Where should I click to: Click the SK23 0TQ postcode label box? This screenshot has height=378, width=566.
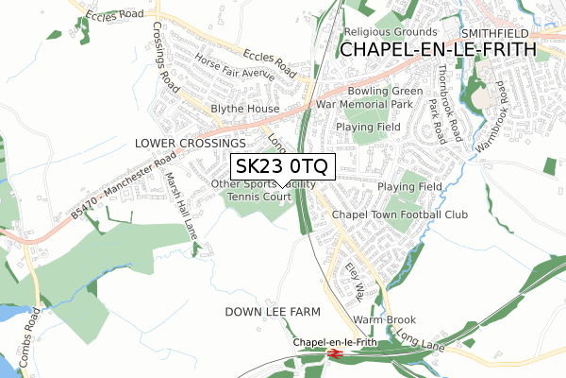pos(281,167)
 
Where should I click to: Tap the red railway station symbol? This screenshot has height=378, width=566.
pos(334,353)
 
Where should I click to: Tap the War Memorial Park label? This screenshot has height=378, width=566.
pos(364,104)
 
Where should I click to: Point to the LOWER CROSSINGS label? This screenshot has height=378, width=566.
pos(183,143)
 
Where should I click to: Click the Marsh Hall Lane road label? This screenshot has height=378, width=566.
pos(181,202)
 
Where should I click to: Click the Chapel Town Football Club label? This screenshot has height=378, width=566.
pos(400,215)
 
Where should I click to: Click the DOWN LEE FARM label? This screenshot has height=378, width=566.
pos(273,311)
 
